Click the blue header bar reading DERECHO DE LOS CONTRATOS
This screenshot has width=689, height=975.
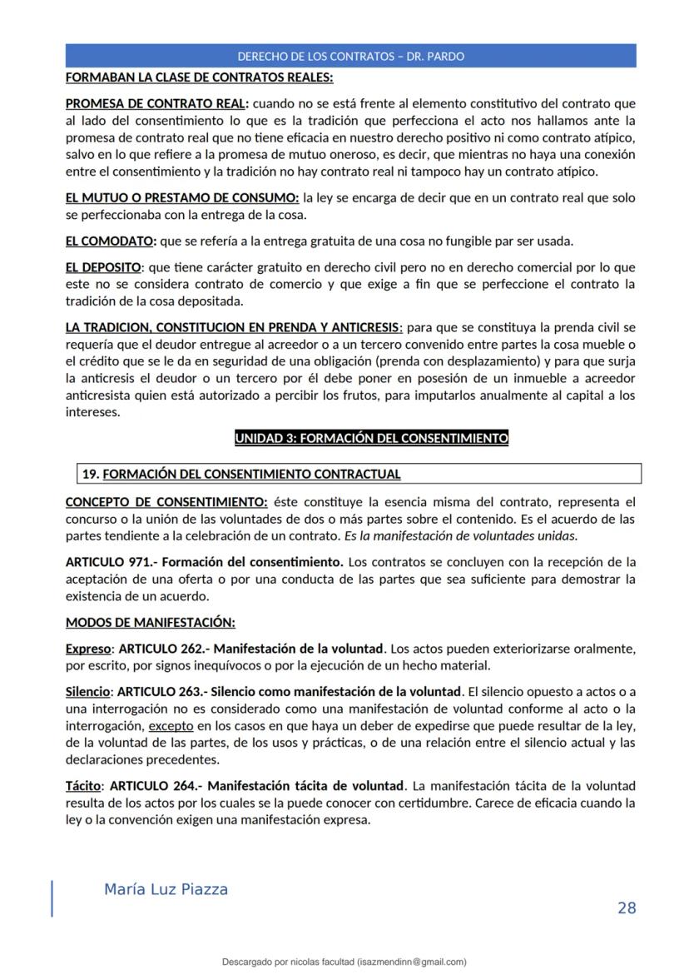click(350, 57)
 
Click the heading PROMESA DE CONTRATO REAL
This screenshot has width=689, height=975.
click(156, 104)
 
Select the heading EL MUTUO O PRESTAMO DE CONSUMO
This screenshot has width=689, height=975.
click(182, 198)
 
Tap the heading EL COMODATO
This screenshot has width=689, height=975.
click(110, 241)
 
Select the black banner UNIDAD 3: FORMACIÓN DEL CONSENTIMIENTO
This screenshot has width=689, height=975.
click(371, 438)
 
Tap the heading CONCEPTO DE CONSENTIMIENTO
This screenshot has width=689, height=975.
click(166, 502)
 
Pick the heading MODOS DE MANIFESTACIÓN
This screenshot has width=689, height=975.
click(151, 622)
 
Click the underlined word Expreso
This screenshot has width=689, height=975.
click(88, 649)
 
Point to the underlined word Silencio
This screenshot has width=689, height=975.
click(88, 692)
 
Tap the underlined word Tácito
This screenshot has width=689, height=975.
click(82, 786)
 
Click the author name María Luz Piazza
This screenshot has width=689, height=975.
click(166, 889)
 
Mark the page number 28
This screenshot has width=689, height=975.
click(626, 908)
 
